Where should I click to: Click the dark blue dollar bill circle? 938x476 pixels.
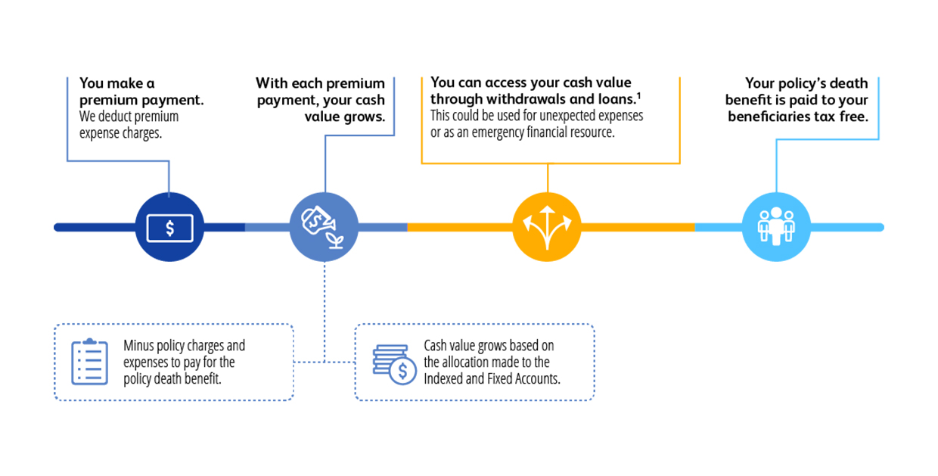click(169, 227)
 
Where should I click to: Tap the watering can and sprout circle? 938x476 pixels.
click(324, 227)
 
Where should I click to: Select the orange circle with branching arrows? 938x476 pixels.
click(547, 227)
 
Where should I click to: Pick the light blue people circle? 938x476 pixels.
click(776, 227)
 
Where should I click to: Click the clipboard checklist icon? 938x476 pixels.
click(89, 362)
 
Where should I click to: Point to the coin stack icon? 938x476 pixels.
click(394, 365)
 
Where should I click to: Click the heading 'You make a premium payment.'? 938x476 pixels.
click(141, 92)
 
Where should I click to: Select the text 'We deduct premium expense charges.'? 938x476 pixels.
click(129, 124)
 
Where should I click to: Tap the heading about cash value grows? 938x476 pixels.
click(321, 100)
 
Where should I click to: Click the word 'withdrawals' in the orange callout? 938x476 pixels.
click(526, 99)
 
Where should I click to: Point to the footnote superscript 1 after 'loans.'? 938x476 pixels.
click(638, 95)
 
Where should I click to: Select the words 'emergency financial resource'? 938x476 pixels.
click(543, 132)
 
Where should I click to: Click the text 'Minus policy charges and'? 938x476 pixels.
click(185, 346)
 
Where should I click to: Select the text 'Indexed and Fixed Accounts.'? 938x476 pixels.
click(492, 379)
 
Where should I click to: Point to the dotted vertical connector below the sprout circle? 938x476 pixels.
click(325, 313)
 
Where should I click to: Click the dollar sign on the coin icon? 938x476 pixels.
click(402, 372)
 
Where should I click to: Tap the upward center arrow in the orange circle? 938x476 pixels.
click(547, 226)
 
